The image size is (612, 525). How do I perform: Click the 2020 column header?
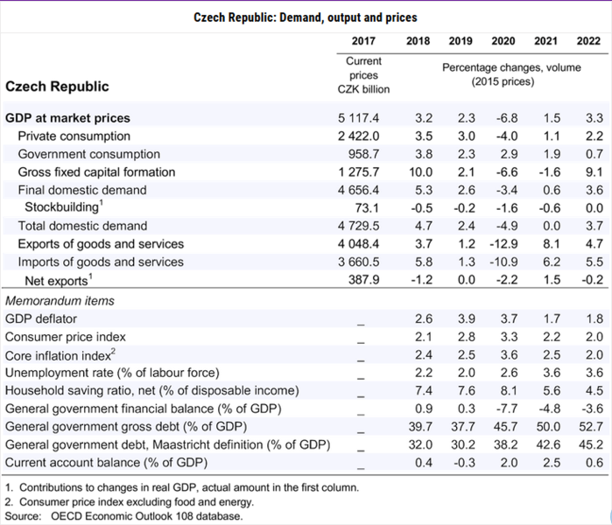click(x=503, y=41)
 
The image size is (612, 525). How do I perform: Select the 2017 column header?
click(x=363, y=41)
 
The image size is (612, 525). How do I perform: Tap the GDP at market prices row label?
click(x=67, y=118)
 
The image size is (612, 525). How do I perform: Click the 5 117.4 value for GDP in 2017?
click(x=358, y=118)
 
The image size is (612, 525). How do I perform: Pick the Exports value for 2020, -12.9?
click(x=503, y=244)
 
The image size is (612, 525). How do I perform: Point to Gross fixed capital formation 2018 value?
click(x=421, y=172)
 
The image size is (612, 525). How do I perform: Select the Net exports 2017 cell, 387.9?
click(x=363, y=280)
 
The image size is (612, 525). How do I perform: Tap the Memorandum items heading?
click(x=60, y=301)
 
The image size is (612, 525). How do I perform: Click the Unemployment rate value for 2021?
click(x=552, y=373)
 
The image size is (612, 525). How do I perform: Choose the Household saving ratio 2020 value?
click(x=509, y=390)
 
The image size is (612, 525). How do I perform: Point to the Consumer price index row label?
click(x=65, y=337)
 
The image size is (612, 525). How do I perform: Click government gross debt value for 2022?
click(x=591, y=426)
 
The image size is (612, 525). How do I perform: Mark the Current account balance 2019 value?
click(x=464, y=462)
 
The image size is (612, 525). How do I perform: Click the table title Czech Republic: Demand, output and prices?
click(x=306, y=17)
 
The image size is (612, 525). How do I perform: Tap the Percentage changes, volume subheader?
click(x=511, y=67)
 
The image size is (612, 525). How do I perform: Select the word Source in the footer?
click(x=23, y=516)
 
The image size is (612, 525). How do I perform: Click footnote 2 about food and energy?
click(x=130, y=501)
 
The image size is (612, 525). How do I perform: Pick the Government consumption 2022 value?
click(x=594, y=154)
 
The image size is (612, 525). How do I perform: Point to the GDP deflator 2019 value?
click(x=467, y=318)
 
